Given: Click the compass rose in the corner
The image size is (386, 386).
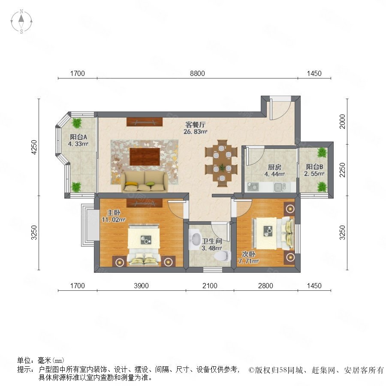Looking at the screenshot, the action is pyautogui.click(x=21, y=21).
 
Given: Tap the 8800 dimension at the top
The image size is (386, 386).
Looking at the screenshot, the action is pyautogui.click(x=197, y=73).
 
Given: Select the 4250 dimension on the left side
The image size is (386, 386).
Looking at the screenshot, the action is pyautogui.click(x=34, y=147).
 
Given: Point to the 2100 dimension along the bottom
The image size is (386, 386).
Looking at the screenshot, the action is pyautogui.click(x=210, y=286).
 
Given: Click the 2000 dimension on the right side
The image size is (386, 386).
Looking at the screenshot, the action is pyautogui.click(x=342, y=121).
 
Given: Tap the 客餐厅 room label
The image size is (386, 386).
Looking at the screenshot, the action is pyautogui.click(x=195, y=124).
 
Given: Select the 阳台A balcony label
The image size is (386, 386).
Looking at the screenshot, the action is pyautogui.click(x=78, y=137).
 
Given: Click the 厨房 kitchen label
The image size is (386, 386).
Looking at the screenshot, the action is pyautogui.click(x=274, y=167).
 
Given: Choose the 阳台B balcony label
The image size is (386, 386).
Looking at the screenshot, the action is pyautogui.click(x=314, y=167).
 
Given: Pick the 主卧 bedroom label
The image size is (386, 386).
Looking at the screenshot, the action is pyautogui.click(x=114, y=212).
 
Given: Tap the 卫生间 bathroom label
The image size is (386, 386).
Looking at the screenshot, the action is pyautogui.click(x=212, y=241).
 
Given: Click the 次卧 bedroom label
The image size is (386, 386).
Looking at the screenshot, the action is pyautogui.click(x=248, y=254).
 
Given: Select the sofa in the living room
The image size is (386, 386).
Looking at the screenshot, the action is pyautogui.click(x=144, y=182).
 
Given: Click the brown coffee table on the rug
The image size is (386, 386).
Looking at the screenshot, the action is pyautogui.click(x=145, y=157).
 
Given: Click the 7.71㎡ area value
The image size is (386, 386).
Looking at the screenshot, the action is pyautogui.click(x=248, y=261).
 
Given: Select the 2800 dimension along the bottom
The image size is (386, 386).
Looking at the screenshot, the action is pyautogui.click(x=265, y=286).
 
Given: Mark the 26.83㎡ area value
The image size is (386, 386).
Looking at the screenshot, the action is pyautogui.click(x=195, y=132).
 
